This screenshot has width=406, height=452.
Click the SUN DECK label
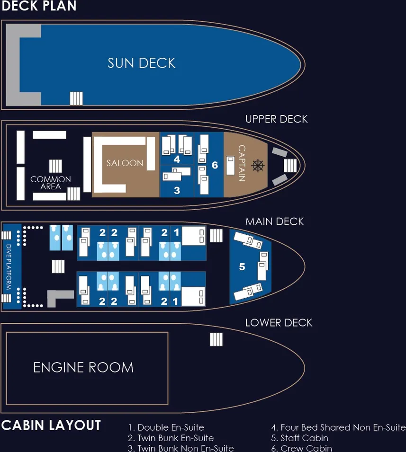click(141, 63)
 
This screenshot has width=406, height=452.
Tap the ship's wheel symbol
click(258, 166)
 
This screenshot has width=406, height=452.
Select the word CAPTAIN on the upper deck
click(242, 163)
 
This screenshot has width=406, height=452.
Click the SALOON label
click(125, 163)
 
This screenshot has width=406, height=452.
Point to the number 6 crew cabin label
click(215, 165)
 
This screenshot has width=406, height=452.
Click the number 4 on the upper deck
click(177, 159)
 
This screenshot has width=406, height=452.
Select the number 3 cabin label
click(177, 190)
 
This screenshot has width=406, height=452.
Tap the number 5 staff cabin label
click(242, 266)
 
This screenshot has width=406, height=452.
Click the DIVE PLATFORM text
click(9, 267)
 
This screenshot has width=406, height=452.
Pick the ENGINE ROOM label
click(83, 368)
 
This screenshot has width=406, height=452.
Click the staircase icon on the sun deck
click(76, 98)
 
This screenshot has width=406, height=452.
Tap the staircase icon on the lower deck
click(216, 339)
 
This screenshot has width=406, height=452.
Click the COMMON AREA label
click(51, 183)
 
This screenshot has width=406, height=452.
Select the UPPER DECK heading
click(277, 119)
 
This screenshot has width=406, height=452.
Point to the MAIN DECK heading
click(274, 222)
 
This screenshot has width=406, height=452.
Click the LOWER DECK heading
click(279, 323)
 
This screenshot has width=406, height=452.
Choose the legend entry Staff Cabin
click(299, 438)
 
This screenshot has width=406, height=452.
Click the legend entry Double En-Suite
click(166, 427)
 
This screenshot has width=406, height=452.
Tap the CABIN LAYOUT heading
click(51, 425)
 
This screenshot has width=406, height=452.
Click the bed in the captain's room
click(230, 166)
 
